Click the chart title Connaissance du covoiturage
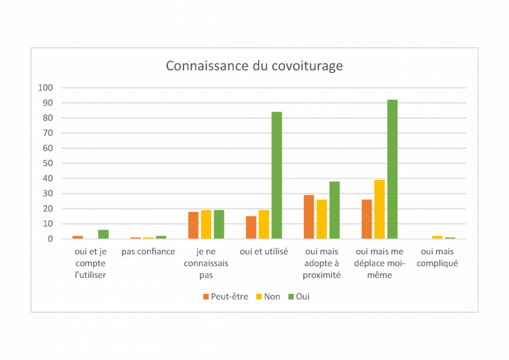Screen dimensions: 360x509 pyautogui.click(x=254, y=66)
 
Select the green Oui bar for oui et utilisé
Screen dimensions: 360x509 pyautogui.click(x=277, y=175)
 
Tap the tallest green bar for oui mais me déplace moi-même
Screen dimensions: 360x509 pyautogui.click(x=392, y=169)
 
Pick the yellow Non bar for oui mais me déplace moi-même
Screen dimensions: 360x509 pyautogui.click(x=379, y=209)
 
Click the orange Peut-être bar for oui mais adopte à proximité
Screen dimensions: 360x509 pyautogui.click(x=309, y=217)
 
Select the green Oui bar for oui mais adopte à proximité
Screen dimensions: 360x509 pyautogui.click(x=334, y=210)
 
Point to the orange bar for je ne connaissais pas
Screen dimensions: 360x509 pyautogui.click(x=193, y=225)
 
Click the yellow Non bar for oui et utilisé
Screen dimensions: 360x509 pyautogui.click(x=264, y=224)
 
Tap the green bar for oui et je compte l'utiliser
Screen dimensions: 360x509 pyautogui.click(x=103, y=234)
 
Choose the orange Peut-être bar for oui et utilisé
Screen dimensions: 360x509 pyautogui.click(x=251, y=227)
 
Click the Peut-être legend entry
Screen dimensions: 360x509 pyautogui.click(x=225, y=297)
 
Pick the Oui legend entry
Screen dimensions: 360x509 pyautogui.click(x=299, y=297)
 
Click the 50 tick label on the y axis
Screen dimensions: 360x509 pyautogui.click(x=47, y=163)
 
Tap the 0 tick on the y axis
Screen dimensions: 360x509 pyautogui.click(x=51, y=239)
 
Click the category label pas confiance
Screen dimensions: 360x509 pyautogui.click(x=148, y=252)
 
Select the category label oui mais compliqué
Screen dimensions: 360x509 pyautogui.click(x=437, y=257)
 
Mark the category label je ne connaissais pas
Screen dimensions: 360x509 pyautogui.click(x=206, y=263)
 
